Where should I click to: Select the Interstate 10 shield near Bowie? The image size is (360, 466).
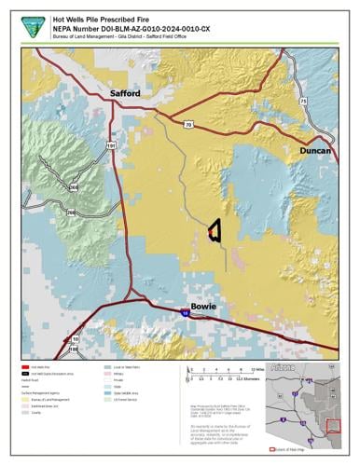pyautogui.click(x=186, y=315)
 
